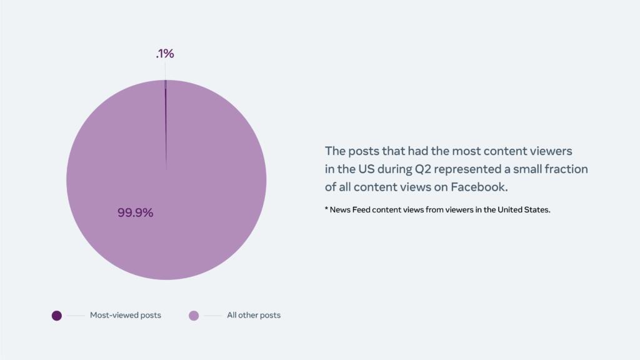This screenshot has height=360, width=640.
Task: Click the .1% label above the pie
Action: click(165, 54)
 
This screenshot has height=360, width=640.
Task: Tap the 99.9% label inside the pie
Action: click(136, 212)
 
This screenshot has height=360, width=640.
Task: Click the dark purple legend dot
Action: click(57, 316)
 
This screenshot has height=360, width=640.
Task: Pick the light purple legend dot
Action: click(194, 316)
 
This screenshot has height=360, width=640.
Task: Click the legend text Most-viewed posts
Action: click(126, 316)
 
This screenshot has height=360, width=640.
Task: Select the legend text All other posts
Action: click(254, 316)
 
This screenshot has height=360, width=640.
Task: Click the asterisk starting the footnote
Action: click(326, 209)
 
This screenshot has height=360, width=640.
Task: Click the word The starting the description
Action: click(335, 151)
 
